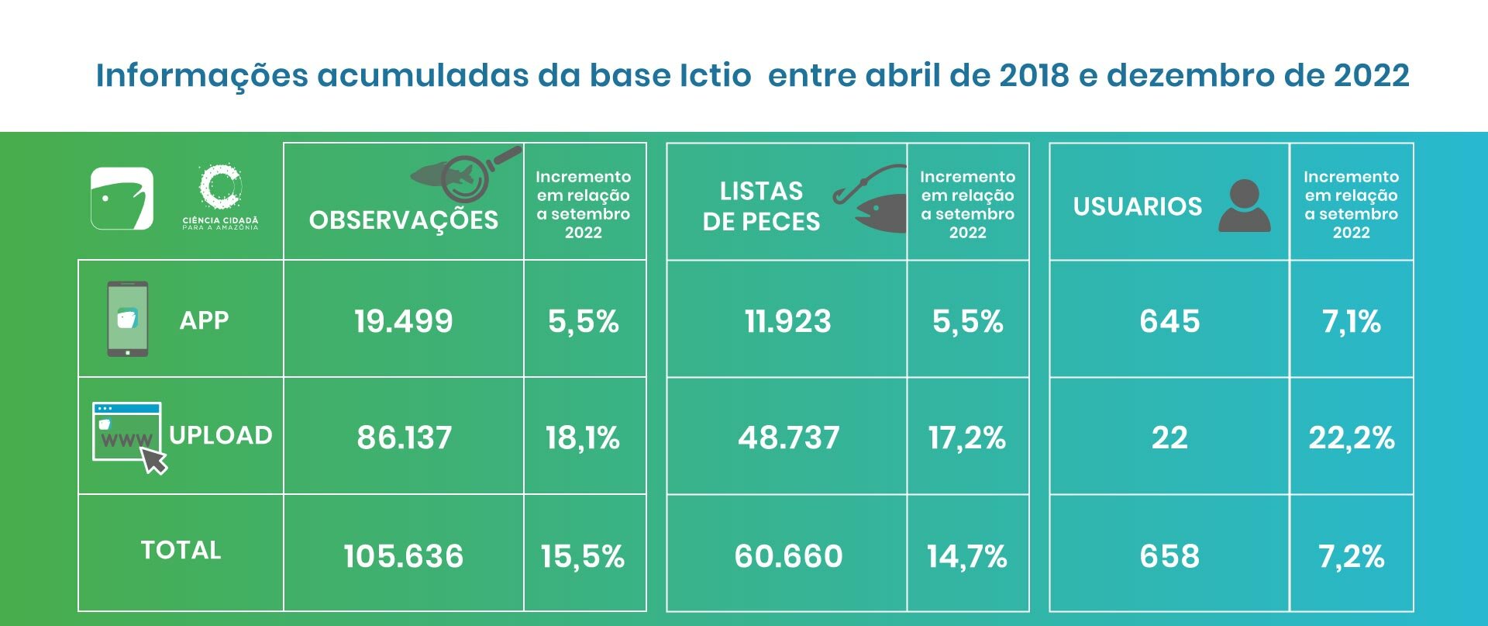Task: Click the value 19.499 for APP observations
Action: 403,321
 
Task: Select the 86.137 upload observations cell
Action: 404,438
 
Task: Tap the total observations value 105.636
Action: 403,556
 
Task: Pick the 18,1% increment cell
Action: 583,438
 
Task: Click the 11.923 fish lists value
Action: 787,321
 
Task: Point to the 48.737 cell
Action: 788,438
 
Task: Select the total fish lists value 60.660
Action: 788,556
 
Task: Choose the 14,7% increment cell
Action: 966,556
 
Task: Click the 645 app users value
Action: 1169,321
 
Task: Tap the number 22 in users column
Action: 1169,438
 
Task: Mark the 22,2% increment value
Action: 1351,438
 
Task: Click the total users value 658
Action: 1169,556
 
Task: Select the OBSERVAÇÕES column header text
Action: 403,220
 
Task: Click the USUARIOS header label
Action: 1137,206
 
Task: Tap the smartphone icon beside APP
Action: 127,319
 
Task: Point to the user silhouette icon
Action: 1244,206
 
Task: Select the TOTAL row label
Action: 181,550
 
